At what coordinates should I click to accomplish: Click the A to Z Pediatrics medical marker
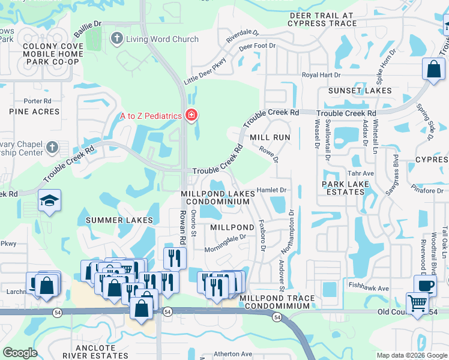click(x=191, y=115)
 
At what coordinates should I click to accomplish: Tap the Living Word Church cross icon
click(x=117, y=40)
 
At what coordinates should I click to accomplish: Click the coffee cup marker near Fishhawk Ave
click(x=425, y=286)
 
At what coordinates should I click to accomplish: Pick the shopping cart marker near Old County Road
click(x=418, y=302)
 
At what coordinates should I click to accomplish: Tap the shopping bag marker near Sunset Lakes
click(x=433, y=69)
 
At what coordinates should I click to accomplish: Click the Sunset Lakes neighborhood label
click(x=360, y=91)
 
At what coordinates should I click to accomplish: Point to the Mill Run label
click(x=270, y=137)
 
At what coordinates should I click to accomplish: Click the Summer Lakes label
click(x=119, y=220)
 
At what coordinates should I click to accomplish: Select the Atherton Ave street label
click(x=234, y=354)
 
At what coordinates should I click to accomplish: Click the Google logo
click(x=20, y=353)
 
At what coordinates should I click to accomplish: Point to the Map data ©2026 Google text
click(x=411, y=355)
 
